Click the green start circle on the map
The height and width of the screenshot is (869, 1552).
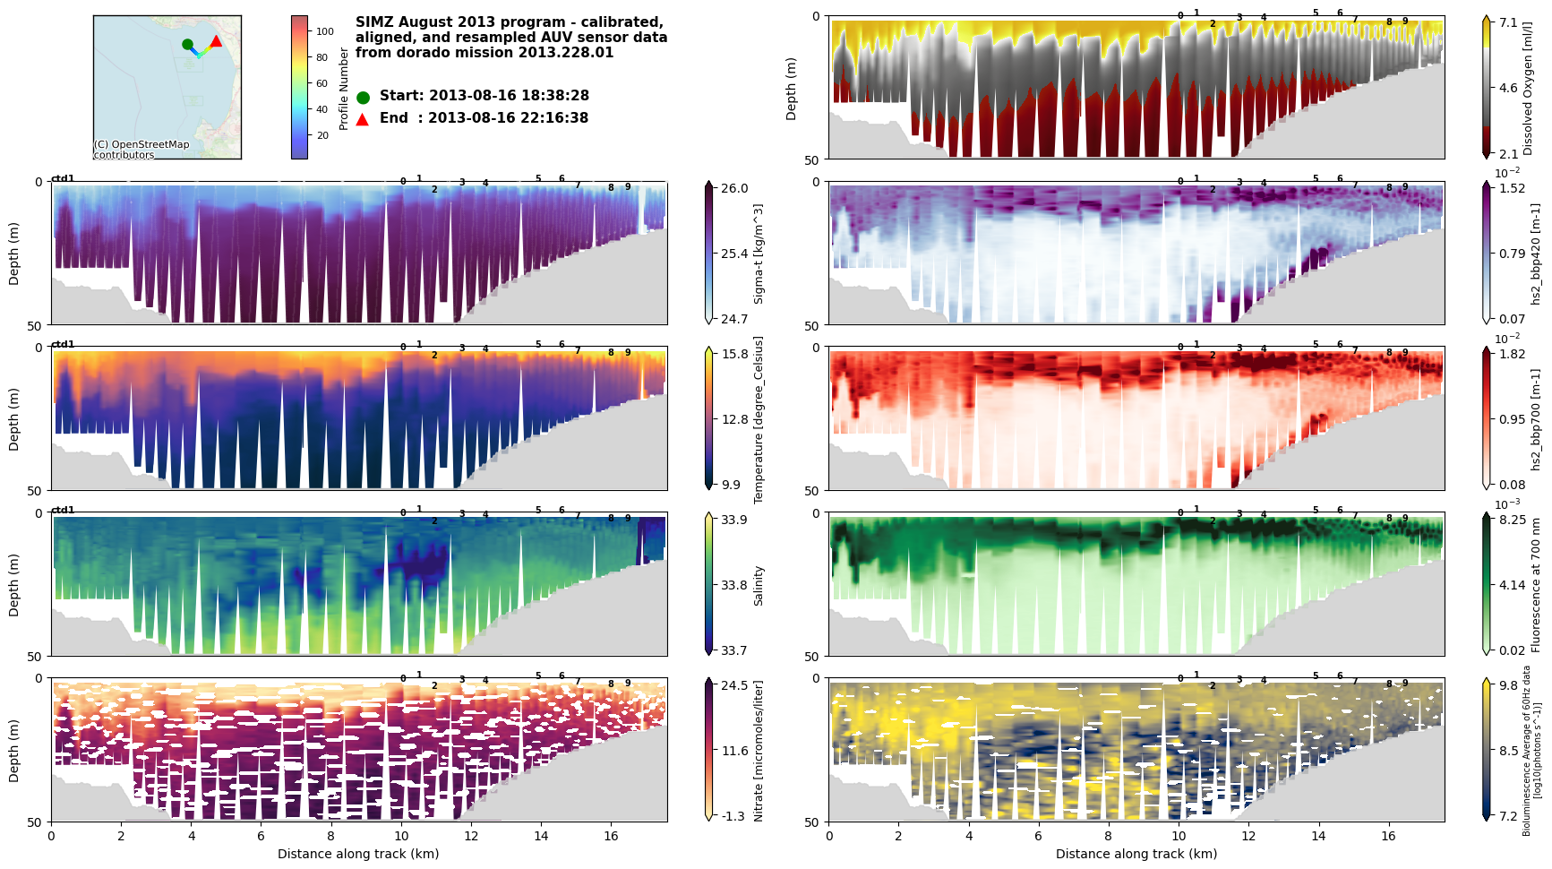[x=187, y=44]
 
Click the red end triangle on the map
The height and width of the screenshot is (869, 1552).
[x=216, y=41]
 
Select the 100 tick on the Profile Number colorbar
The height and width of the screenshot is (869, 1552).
[x=324, y=31]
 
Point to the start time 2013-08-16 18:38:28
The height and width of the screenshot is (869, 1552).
[x=508, y=96]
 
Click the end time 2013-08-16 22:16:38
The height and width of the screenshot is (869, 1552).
[x=508, y=118]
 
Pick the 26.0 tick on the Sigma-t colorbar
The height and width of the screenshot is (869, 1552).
[x=734, y=188]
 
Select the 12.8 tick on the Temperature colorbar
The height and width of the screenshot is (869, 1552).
[x=734, y=419]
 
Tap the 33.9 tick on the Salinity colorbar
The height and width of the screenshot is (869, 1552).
[x=734, y=520]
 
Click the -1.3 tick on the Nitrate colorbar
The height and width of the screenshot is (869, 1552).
[x=734, y=816]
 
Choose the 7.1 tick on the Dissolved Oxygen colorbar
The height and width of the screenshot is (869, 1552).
[x=1509, y=22]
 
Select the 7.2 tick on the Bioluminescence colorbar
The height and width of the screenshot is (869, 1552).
[x=1509, y=816]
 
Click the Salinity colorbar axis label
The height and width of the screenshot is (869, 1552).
[x=759, y=585]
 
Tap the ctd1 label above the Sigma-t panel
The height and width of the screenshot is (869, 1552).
[x=63, y=178]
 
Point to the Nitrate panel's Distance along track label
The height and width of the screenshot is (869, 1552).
[x=358, y=854]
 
